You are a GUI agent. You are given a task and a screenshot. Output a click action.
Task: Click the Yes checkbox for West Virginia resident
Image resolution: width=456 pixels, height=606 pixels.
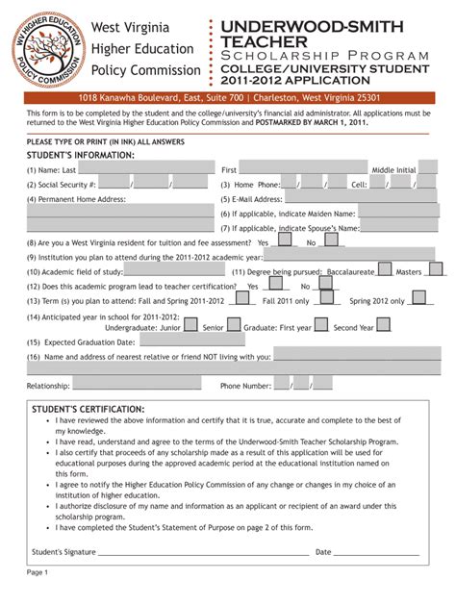[x=286, y=243]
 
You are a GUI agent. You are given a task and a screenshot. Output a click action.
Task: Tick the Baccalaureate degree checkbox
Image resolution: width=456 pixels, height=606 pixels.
[x=384, y=271]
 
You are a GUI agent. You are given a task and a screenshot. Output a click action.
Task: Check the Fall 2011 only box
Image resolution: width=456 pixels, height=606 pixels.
[x=320, y=300]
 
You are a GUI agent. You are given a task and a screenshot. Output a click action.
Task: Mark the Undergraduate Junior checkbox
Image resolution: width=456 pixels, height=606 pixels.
[x=190, y=326]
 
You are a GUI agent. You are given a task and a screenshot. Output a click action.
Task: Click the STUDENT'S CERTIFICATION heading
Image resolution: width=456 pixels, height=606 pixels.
[x=87, y=410]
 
